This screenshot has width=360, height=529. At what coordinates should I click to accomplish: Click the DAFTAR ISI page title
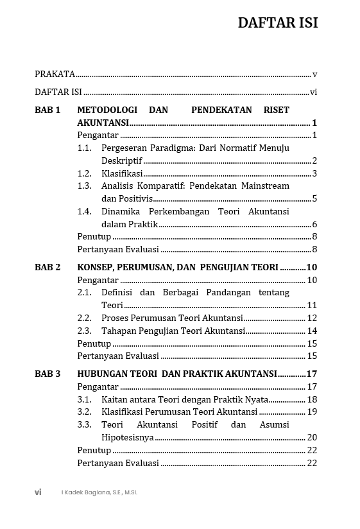277,23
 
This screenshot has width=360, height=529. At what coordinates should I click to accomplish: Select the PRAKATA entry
55,74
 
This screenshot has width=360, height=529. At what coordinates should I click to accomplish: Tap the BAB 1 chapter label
47,110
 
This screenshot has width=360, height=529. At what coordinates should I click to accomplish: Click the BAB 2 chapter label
47,267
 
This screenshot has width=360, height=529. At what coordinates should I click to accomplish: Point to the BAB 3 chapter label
47,374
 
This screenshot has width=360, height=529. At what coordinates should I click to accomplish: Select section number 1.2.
85,173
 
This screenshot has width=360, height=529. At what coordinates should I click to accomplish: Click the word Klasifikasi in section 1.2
122,173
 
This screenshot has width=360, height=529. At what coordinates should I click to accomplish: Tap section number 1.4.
85,211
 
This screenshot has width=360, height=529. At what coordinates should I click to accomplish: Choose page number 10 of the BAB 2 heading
312,267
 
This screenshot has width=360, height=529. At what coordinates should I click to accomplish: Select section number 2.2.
85,318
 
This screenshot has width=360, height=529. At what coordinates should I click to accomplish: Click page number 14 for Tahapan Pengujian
312,331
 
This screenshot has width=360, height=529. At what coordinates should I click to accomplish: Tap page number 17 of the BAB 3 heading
312,374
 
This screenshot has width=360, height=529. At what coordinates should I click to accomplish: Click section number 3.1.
85,399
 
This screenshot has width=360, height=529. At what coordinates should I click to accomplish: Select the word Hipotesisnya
127,437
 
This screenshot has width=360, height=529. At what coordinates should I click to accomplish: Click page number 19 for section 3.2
312,412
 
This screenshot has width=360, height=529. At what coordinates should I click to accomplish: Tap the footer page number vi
38,492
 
